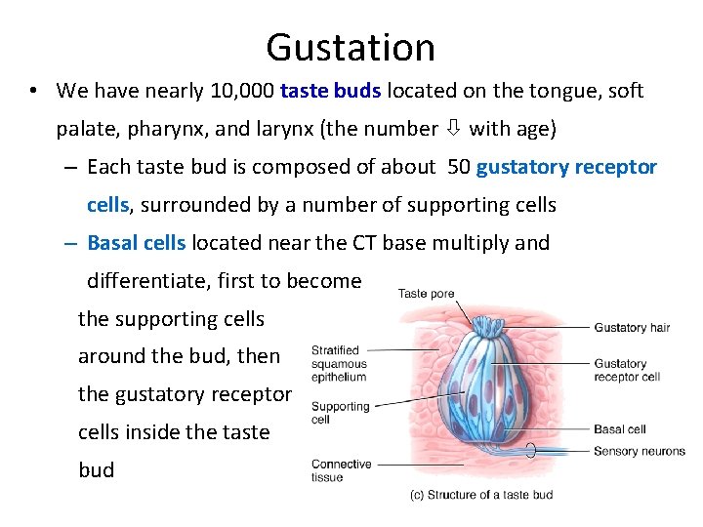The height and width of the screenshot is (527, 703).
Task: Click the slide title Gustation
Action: pyautogui.click(x=351, y=47)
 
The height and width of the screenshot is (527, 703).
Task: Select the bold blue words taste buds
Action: pyautogui.click(x=331, y=91)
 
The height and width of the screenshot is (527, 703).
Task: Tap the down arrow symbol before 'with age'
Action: pyautogui.click(x=453, y=129)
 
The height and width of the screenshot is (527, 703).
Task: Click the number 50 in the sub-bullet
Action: pyautogui.click(x=458, y=167)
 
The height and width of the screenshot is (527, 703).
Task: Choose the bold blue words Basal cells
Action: pyautogui.click(x=136, y=243)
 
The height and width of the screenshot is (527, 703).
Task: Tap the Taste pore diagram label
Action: pyautogui.click(x=426, y=293)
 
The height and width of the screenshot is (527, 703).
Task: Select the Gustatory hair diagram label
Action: pyautogui.click(x=632, y=328)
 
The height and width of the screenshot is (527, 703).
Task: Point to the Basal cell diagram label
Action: pyautogui.click(x=620, y=428)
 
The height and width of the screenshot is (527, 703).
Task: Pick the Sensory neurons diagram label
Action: pyautogui.click(x=640, y=451)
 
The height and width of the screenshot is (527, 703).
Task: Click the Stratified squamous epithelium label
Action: pyautogui.click(x=339, y=363)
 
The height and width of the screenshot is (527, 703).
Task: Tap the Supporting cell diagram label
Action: pyautogui.click(x=340, y=413)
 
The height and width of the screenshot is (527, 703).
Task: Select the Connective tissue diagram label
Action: pyautogui.click(x=341, y=470)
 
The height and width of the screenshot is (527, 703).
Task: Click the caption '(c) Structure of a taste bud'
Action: pyautogui.click(x=480, y=495)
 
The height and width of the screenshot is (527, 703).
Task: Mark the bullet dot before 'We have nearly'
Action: pyautogui.click(x=33, y=91)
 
